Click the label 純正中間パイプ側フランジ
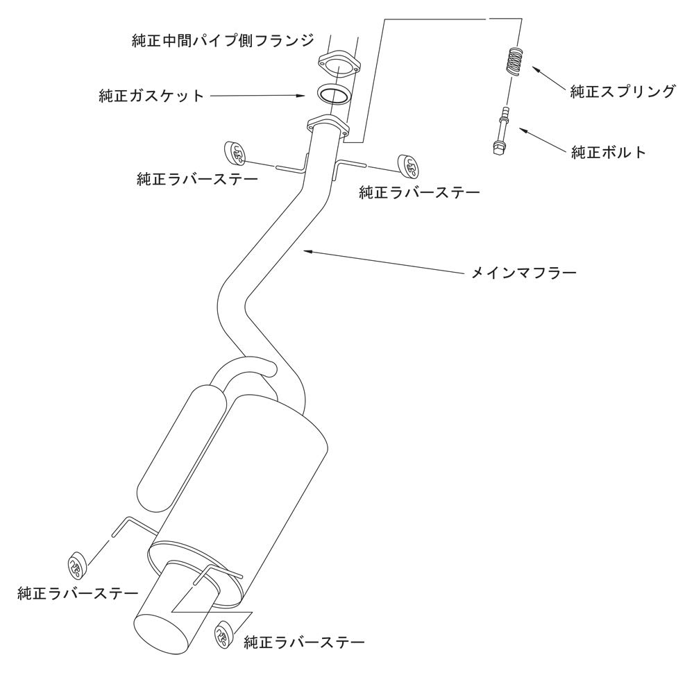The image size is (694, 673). pos(223,41)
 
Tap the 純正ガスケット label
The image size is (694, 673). pos(151,96)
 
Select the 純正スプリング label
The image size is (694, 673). pos(623,92)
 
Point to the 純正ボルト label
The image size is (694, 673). pos(609,152)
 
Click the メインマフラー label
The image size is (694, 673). pos(524,272)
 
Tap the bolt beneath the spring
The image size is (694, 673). pos(502,131)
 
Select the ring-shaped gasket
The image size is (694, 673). pos(332,94)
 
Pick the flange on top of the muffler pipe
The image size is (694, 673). pos(328,125)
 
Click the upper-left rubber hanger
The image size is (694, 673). pos(233,152)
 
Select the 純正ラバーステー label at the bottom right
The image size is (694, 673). pos(304,642)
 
